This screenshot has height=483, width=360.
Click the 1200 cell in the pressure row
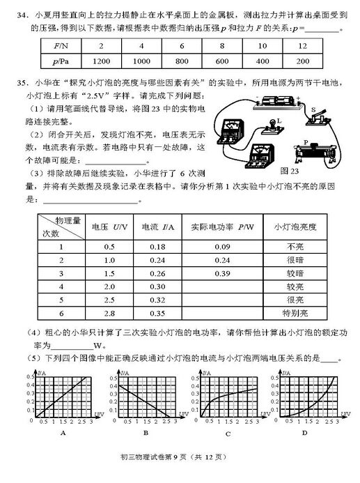[x=102, y=61]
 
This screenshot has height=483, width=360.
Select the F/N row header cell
[x=60, y=45]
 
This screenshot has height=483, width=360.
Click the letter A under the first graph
[x=63, y=433]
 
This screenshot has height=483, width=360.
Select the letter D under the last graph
[x=305, y=433]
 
